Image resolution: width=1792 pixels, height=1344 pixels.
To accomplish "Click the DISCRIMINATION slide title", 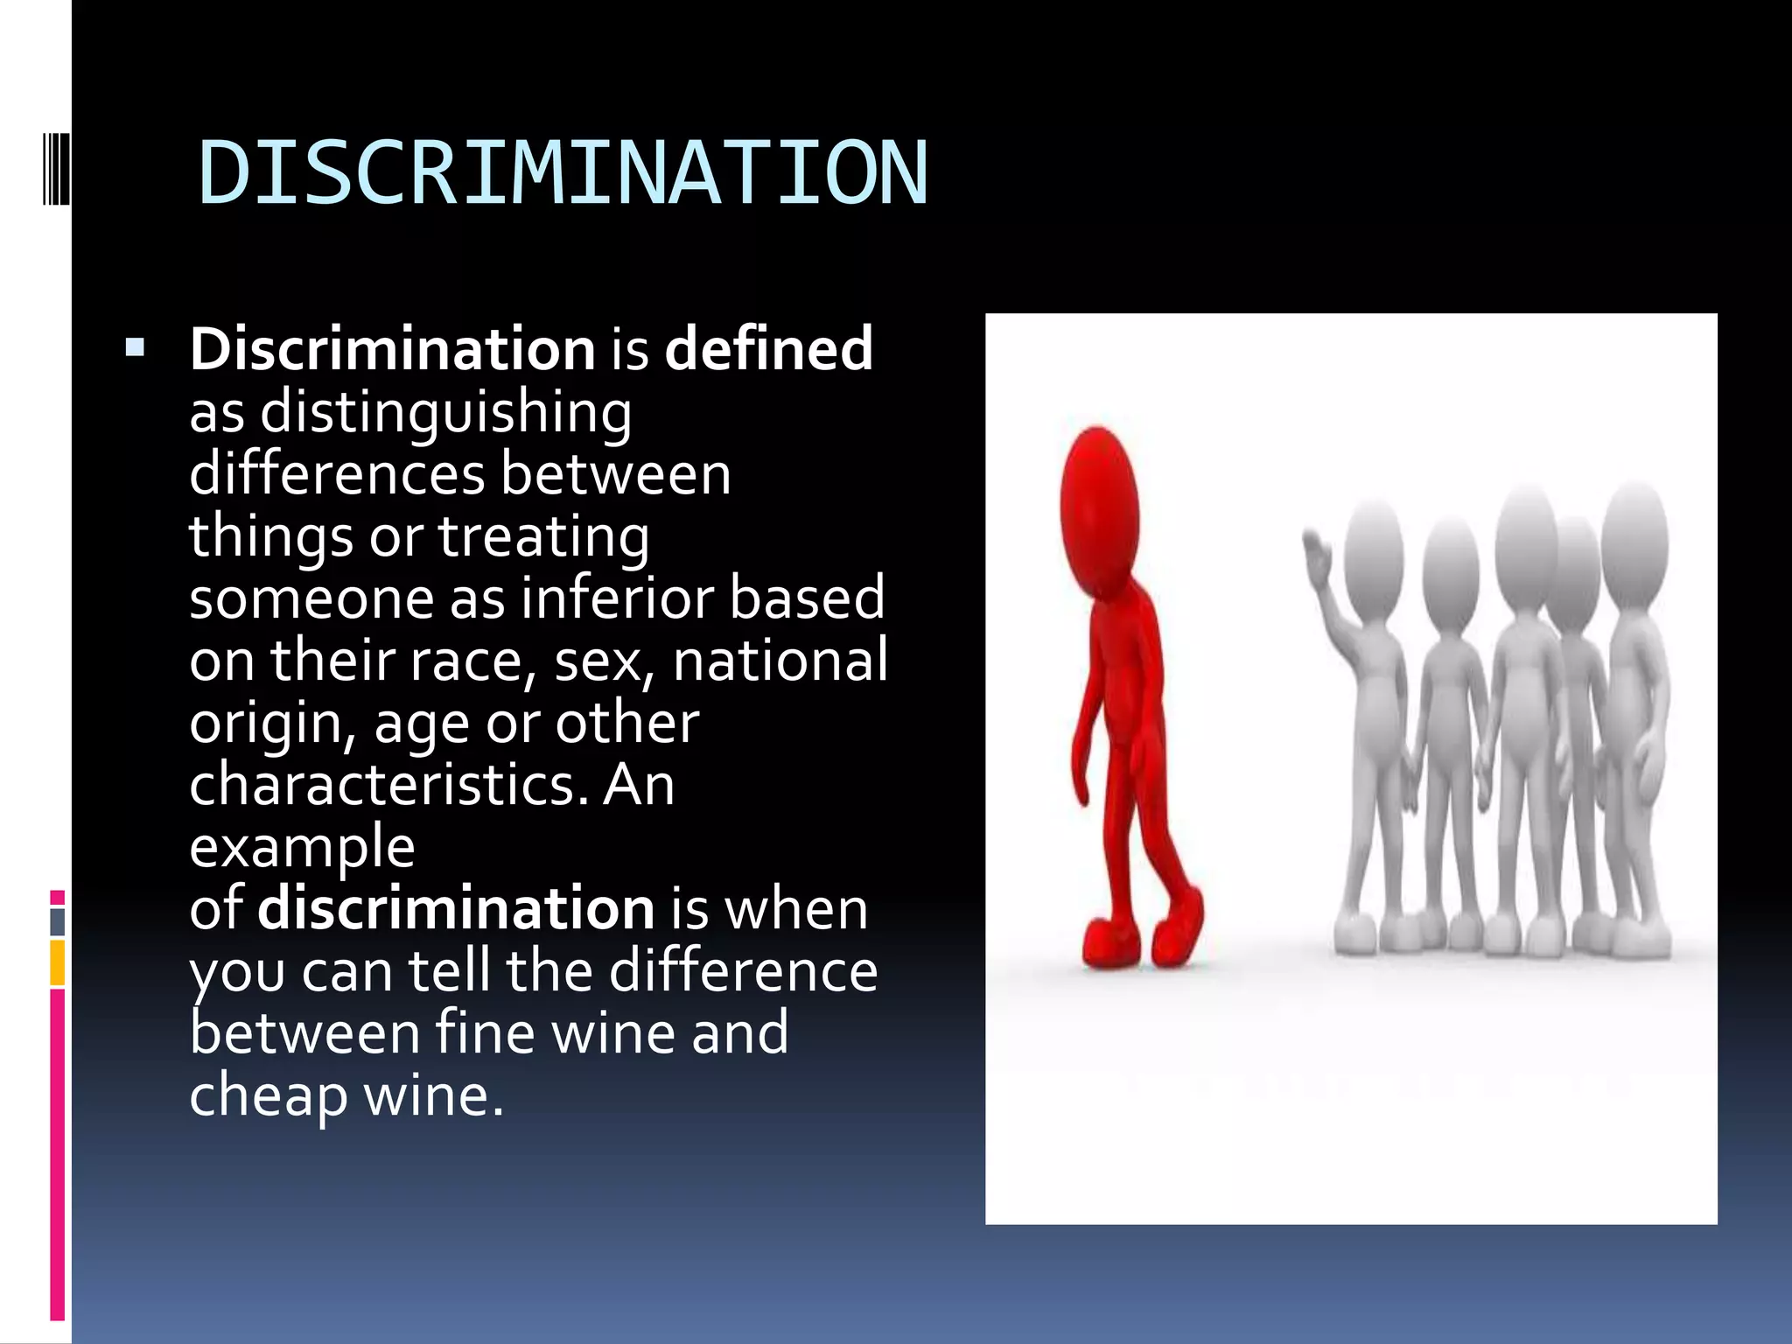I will click(563, 174).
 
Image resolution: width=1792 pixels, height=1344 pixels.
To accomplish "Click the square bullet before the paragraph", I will click(135, 348).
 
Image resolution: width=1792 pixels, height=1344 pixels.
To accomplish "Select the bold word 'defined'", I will click(768, 348).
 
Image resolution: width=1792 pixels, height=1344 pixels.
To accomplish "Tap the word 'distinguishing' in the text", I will click(445, 413).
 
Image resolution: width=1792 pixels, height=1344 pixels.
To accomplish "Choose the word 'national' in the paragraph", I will click(780, 661).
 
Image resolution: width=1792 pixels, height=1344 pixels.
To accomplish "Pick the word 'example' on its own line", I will click(302, 848).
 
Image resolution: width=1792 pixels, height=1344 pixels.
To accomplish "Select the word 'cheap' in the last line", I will click(268, 1095).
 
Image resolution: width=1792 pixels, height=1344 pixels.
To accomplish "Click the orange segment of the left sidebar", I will click(58, 962).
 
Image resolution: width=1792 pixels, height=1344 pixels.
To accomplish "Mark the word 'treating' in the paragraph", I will click(543, 536).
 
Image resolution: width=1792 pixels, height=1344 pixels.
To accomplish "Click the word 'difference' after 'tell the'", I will click(743, 971).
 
